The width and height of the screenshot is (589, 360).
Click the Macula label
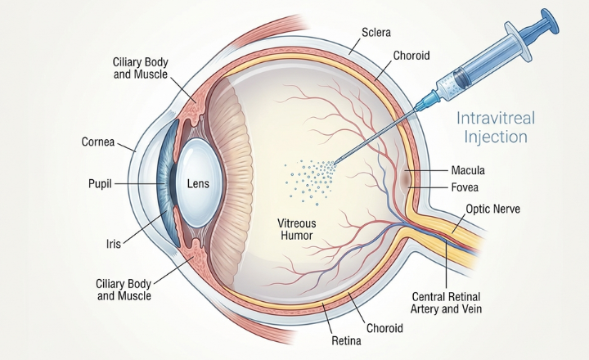pyautogui.click(x=468, y=171)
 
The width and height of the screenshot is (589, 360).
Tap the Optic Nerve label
pyautogui.click(x=492, y=209)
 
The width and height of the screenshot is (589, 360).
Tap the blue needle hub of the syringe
pyautogui.click(x=428, y=99)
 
